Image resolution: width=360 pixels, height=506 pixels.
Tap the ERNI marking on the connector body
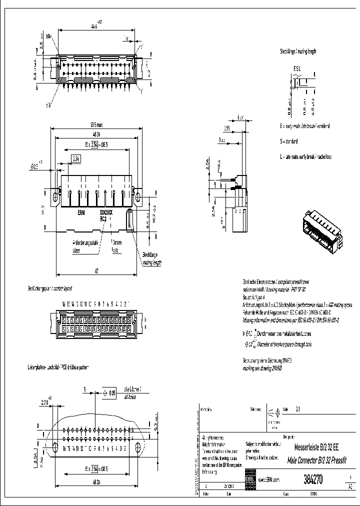click(x=81, y=212)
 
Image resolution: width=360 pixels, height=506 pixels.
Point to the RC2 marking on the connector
click(x=103, y=218)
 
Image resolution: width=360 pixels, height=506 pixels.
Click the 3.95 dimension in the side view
click(x=226, y=128)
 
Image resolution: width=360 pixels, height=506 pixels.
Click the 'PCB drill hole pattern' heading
click(x=57, y=367)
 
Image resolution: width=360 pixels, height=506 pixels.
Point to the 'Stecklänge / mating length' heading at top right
click(x=298, y=51)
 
